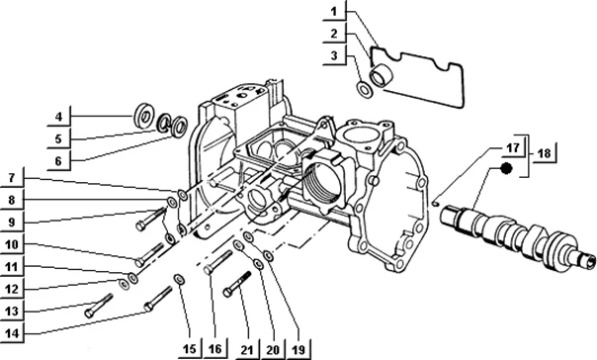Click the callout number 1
[x=334, y=12]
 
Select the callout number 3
[x=334, y=55]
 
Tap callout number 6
[x=58, y=161]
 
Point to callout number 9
[x=12, y=222]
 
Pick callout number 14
[x=12, y=333]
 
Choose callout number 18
[x=544, y=153]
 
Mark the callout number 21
[x=247, y=350]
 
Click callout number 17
[x=512, y=147]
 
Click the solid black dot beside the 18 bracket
[x=506, y=168]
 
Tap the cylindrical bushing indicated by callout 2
[x=380, y=75]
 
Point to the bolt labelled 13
[x=99, y=306]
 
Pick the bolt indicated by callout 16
[x=218, y=262]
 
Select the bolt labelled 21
[x=237, y=284]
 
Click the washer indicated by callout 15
[x=178, y=280]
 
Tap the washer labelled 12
[x=123, y=284]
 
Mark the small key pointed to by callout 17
[x=436, y=204]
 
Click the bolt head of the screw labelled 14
[x=149, y=307]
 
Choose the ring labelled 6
[x=179, y=126]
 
